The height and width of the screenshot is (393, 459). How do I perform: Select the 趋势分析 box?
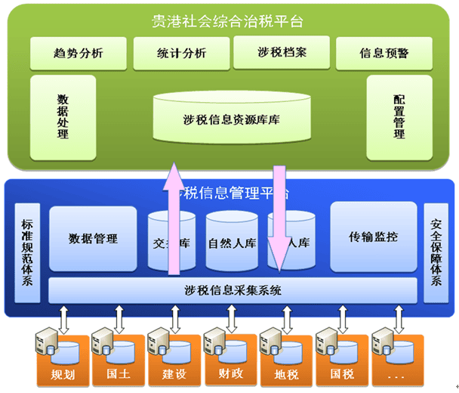tap(79, 53)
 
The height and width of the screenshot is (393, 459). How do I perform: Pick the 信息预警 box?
tap(384, 53)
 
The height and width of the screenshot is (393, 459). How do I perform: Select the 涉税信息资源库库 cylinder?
tap(231, 119)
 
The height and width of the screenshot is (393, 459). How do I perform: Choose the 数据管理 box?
tap(93, 239)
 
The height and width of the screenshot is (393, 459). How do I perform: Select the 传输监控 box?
tap(374, 237)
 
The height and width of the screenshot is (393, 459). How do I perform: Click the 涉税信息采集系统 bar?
tap(232, 289)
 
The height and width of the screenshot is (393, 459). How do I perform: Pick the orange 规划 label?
tap(62, 374)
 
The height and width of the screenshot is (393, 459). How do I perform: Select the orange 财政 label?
tap(230, 374)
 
